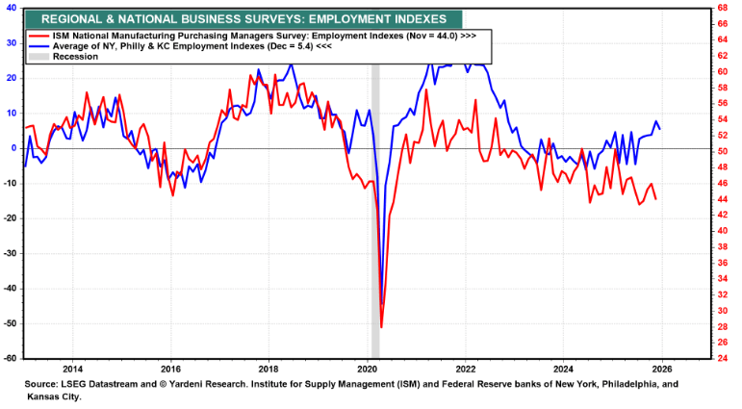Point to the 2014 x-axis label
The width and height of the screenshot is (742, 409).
coord(72,369)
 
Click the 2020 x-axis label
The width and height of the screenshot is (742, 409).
coord(368,369)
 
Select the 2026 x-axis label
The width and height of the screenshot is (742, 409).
coord(662,369)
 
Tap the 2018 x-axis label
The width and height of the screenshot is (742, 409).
coord(269,369)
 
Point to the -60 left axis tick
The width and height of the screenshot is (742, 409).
coord(9,358)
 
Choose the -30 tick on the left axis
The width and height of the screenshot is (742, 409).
coord(9,253)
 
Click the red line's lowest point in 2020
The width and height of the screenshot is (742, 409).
coord(381,327)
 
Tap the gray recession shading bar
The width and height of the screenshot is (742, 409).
coord(375,192)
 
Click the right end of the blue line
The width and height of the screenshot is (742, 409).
coord(659,129)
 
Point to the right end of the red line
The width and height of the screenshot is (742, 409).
coord(656,199)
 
